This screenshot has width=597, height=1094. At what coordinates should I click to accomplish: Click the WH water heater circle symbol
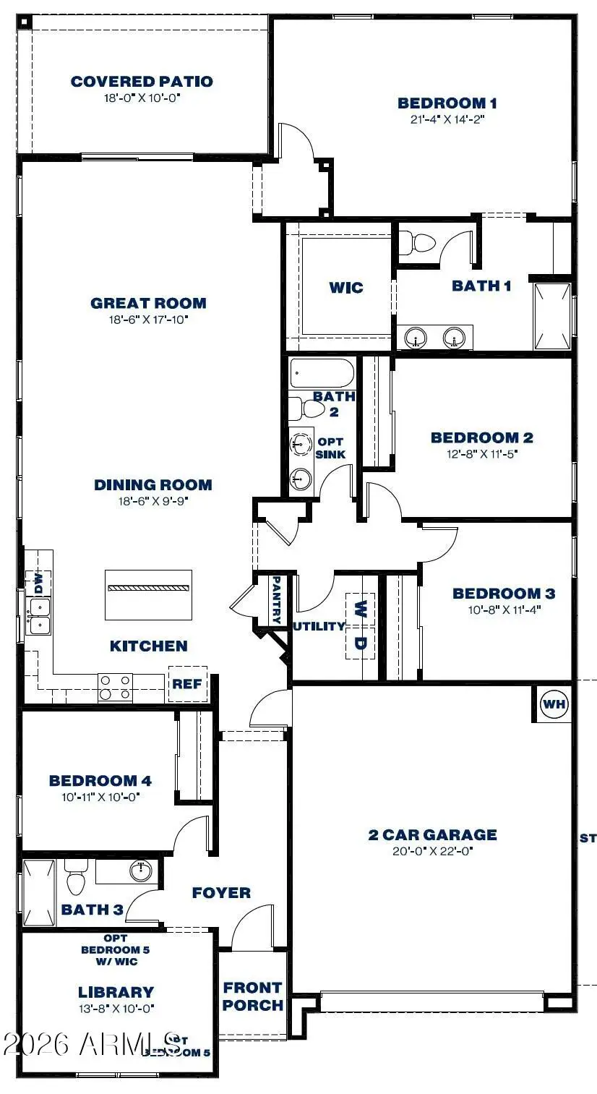pyautogui.click(x=555, y=704)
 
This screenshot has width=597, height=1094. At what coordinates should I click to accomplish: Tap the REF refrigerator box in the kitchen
pyautogui.click(x=187, y=684)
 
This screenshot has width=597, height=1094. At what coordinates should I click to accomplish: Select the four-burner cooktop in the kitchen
pyautogui.click(x=116, y=687)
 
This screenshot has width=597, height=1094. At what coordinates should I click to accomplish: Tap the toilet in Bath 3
pyautogui.click(x=75, y=881)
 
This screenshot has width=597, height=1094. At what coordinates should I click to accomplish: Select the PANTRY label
pyautogui.click(x=276, y=599)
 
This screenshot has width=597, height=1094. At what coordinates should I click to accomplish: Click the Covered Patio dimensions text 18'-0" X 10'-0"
pyautogui.click(x=142, y=97)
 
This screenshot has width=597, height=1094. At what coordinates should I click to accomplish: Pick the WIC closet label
pyautogui.click(x=346, y=288)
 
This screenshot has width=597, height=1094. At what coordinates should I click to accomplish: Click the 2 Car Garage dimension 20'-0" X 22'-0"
pyautogui.click(x=432, y=851)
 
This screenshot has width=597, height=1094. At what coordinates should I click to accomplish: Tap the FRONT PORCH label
pyautogui.click(x=252, y=996)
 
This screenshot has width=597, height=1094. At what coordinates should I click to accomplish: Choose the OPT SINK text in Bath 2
pyautogui.click(x=330, y=448)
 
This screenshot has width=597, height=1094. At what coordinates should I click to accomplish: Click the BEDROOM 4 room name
pyautogui.click(x=100, y=780)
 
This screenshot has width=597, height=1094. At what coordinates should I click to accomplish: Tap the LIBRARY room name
pyautogui.click(x=116, y=992)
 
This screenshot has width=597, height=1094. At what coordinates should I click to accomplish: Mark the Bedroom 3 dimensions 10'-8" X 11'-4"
pyautogui.click(x=503, y=610)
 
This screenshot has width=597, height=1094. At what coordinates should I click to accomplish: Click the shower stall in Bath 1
pyautogui.click(x=553, y=317)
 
